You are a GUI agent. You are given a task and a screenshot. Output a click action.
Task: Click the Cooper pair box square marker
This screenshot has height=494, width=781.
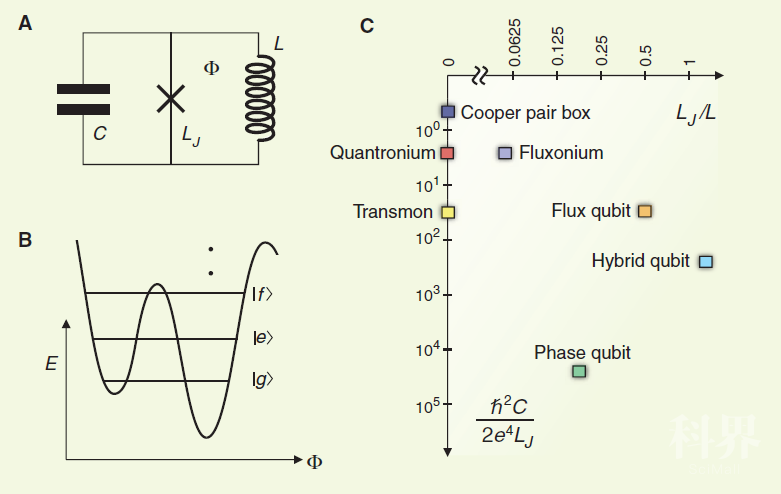(x=448, y=112)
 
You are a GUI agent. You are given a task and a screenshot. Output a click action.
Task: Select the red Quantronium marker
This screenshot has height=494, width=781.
(x=448, y=153)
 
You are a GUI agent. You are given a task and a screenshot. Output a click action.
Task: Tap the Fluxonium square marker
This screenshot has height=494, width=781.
(x=505, y=153)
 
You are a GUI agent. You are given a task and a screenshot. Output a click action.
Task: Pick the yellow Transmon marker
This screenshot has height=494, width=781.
(x=448, y=212)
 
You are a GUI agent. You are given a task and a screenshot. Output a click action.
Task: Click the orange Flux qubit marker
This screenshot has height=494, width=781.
(x=645, y=211)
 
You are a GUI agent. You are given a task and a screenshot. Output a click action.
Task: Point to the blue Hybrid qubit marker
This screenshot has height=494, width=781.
(x=705, y=261)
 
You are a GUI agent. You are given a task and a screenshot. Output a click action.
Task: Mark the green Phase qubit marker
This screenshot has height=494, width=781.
(x=579, y=371)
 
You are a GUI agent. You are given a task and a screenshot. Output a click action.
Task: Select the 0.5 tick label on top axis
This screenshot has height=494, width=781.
(x=646, y=56)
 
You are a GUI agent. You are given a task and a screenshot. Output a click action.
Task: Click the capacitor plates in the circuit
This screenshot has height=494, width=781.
(x=84, y=99)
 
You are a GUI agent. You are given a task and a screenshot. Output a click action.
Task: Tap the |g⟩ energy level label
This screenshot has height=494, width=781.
(x=263, y=379)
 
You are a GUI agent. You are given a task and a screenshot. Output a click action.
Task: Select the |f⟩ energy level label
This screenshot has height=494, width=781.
(x=263, y=293)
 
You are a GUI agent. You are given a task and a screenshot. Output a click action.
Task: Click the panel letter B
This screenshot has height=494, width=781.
(x=25, y=239)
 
